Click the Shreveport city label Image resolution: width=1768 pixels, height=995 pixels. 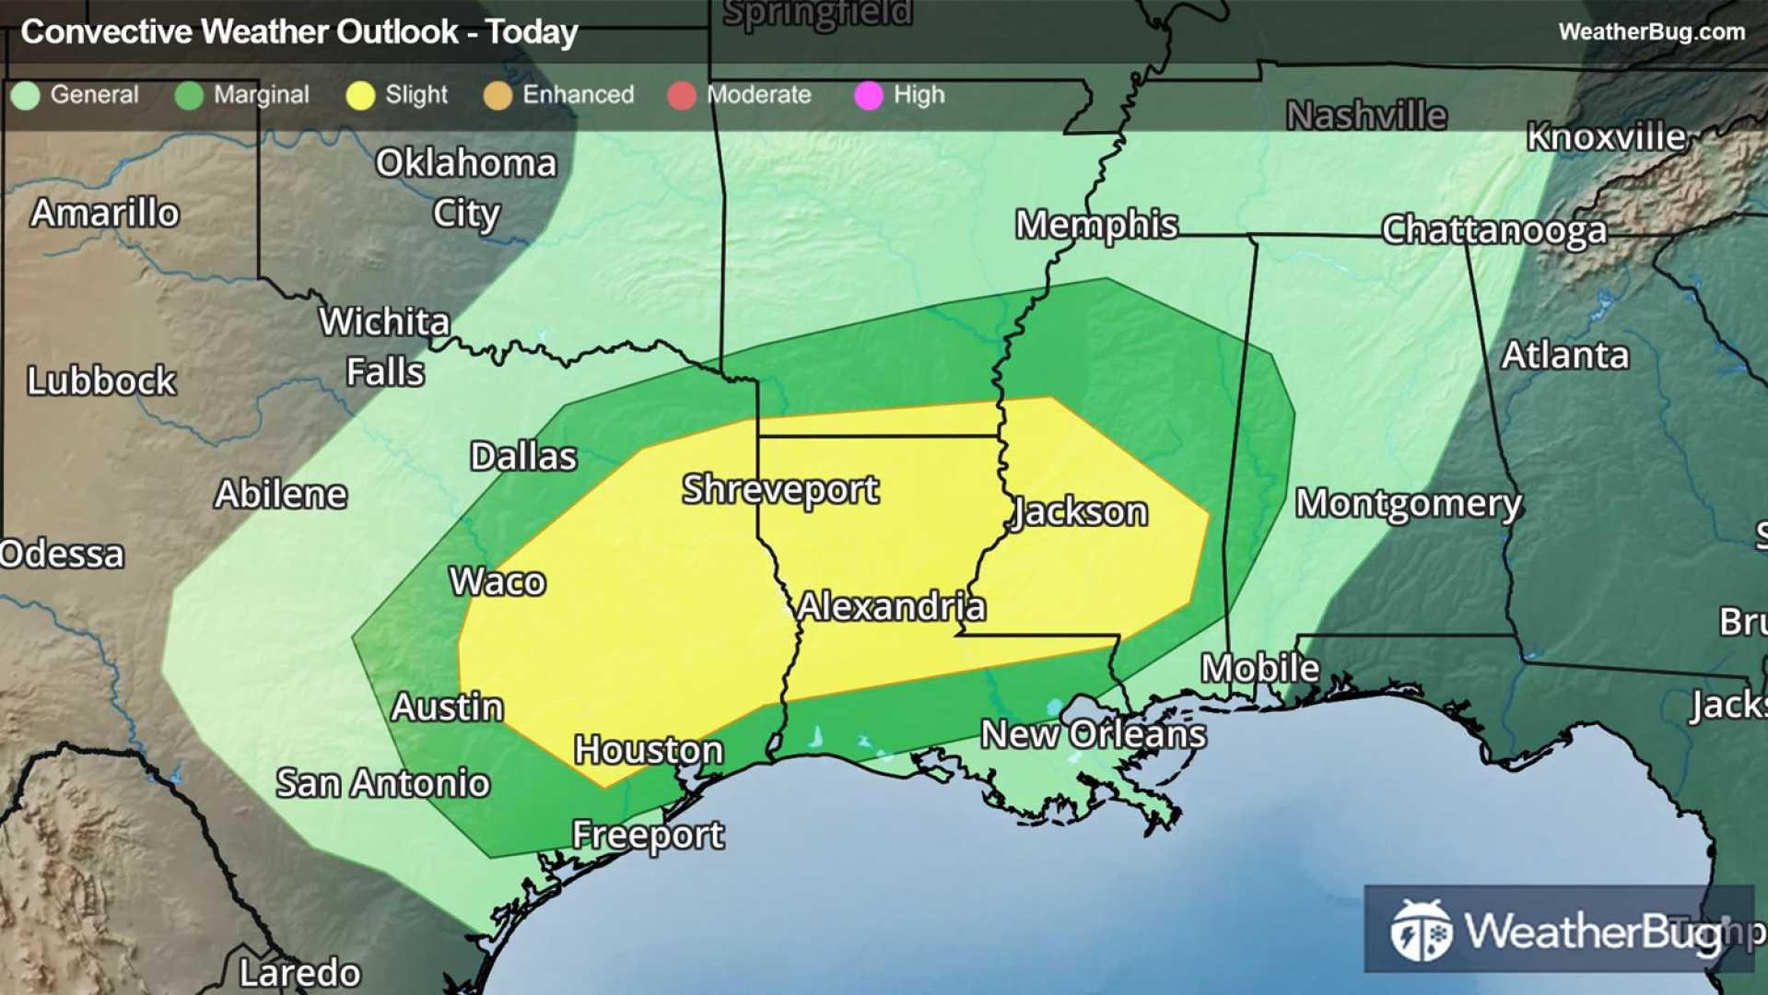coord(779,489)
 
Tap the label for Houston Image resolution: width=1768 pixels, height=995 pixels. coord(649,750)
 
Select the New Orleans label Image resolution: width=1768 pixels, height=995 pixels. coord(1093,734)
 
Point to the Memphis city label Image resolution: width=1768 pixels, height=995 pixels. coord(1096,225)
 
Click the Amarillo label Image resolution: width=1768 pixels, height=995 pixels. coord(105,213)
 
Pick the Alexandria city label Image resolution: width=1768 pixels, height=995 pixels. coord(891,606)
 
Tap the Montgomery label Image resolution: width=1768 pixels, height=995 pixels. coord(1409,504)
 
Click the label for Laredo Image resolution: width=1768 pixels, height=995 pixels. coord(299,972)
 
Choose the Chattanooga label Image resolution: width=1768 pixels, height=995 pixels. coord(1493,230)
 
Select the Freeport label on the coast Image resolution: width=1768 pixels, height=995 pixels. coord(648,835)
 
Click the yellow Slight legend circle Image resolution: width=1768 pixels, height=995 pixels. coord(360,96)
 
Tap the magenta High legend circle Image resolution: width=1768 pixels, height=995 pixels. coord(868,96)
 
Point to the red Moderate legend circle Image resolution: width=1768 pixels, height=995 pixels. coord(682,96)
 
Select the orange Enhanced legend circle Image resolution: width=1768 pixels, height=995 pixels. coord(498,96)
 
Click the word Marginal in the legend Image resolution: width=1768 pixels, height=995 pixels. coord(261,95)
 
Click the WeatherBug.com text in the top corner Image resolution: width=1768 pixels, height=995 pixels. coord(1651,32)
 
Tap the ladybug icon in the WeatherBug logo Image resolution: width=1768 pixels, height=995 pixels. coord(1421,931)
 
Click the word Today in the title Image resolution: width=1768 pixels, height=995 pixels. coord(532,32)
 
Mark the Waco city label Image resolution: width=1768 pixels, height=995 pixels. coord(498,581)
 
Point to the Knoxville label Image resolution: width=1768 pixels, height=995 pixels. coord(1606,136)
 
